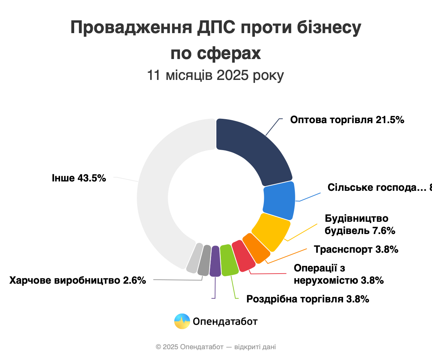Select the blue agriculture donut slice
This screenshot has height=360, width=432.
click(x=279, y=201)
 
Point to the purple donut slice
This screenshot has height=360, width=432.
click(x=215, y=261)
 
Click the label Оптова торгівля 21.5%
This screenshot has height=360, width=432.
click(x=347, y=120)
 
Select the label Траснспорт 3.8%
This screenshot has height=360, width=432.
click(x=356, y=249)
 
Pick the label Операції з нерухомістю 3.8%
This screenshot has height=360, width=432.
click(x=338, y=274)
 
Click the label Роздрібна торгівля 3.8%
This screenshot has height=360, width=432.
click(x=308, y=299)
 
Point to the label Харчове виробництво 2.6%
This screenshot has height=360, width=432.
click(x=78, y=280)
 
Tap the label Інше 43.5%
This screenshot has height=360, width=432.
click(x=79, y=177)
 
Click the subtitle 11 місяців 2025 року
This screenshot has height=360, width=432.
click(x=216, y=76)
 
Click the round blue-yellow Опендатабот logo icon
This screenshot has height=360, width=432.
click(x=182, y=321)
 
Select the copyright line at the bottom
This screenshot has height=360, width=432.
click(x=216, y=347)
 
